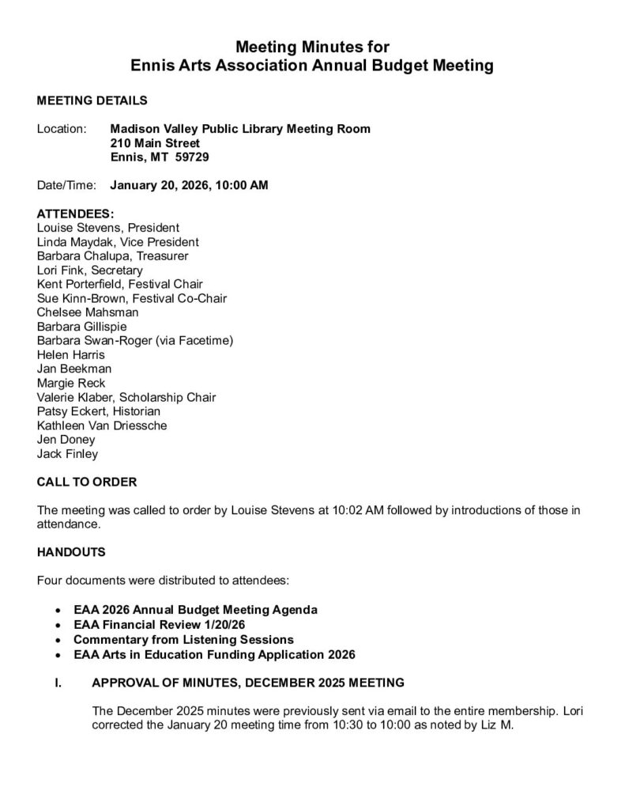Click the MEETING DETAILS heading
[x=92, y=100]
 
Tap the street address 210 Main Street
[x=155, y=143]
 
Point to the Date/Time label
[x=66, y=186]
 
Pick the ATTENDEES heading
[x=75, y=214]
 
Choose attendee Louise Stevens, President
[x=108, y=228]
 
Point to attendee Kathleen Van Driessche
[x=102, y=426]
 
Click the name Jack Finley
[x=68, y=454]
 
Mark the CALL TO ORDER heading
[x=87, y=482]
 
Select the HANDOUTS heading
[x=71, y=553]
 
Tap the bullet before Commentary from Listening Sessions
[x=58, y=640]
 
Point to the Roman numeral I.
[x=56, y=682]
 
